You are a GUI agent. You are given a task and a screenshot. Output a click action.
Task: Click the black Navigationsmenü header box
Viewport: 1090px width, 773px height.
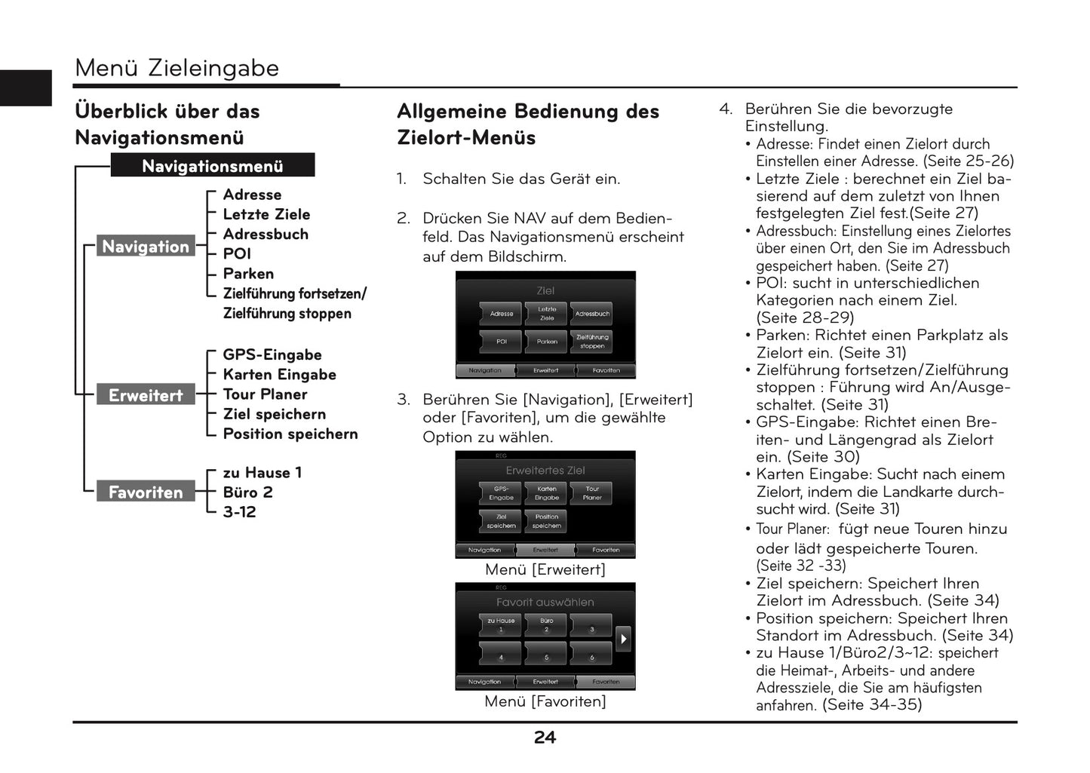coord(212,166)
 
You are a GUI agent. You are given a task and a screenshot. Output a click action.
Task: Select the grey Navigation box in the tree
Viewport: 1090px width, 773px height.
coord(146,247)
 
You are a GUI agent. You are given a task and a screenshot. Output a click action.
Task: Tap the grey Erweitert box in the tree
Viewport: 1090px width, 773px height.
coord(146,395)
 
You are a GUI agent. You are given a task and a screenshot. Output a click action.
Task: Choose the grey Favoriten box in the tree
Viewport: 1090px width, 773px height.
coord(146,492)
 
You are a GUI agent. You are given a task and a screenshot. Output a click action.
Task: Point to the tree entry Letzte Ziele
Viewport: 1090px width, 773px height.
coord(266,214)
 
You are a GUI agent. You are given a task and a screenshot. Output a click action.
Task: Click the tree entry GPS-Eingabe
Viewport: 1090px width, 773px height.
coord(272,354)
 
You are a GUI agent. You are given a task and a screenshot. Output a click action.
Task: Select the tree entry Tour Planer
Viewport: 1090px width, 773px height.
coord(265,394)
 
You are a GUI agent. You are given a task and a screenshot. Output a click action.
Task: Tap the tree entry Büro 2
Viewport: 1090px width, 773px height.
coord(247,492)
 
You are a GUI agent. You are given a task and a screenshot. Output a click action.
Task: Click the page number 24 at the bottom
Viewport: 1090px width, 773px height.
coord(545,738)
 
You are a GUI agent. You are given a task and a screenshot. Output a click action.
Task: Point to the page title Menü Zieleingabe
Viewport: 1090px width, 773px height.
coord(177,68)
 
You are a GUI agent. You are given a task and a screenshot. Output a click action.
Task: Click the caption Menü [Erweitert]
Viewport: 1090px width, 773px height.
coord(545,569)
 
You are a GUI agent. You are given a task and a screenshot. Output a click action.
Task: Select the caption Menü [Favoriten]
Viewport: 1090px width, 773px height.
coord(545,701)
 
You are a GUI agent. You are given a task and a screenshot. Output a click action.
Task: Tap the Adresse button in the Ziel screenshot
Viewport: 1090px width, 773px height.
coord(502,314)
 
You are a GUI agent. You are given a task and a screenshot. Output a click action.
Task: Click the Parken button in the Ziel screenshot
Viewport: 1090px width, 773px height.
coord(547,342)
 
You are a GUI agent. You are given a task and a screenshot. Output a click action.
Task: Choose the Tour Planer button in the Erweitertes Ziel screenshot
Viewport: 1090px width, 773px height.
coord(592,493)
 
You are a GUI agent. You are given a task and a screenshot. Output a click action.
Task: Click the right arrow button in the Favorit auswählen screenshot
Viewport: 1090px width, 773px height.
coord(623,639)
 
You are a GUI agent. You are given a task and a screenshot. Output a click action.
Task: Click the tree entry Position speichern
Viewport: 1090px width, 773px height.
coord(290,434)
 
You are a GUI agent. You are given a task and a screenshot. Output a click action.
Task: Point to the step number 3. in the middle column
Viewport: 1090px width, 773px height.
coord(404,400)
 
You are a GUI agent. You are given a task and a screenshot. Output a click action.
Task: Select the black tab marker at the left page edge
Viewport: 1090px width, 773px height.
coord(26,87)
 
